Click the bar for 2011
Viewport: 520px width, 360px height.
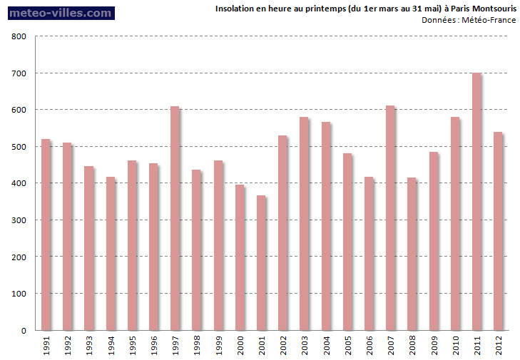pos(476,202)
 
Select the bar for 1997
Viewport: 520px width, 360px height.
pos(174,218)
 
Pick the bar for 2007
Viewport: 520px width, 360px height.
pos(389,218)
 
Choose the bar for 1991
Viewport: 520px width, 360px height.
pos(45,235)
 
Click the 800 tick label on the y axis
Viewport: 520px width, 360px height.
pos(20,36)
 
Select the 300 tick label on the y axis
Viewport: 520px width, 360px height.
pos(20,220)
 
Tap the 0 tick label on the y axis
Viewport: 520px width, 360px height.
pos(24,331)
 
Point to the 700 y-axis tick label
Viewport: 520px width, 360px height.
pos(20,73)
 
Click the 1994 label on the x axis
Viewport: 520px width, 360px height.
pos(111,346)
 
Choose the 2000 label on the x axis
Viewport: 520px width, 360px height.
pos(240,346)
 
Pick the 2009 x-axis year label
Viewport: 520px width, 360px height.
pos(434,346)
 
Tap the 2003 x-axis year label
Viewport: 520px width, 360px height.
pos(305,346)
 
